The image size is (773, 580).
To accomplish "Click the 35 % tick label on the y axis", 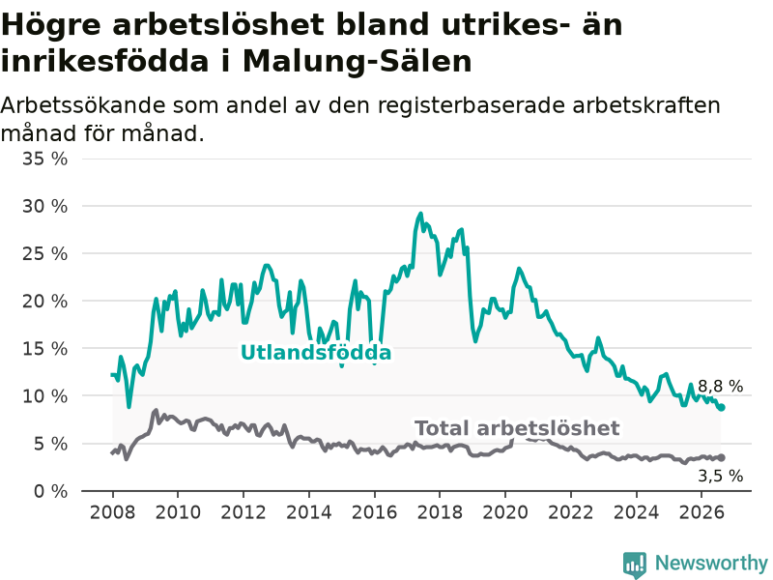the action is pyautogui.click(x=44, y=159).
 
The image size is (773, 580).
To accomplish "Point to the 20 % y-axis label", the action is pyautogui.click(x=44, y=301).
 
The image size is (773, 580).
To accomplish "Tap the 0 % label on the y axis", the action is pyautogui.click(x=50, y=491).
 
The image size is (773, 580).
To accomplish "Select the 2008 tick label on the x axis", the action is pyautogui.click(x=112, y=512).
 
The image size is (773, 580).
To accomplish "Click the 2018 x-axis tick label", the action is pyautogui.click(x=440, y=512).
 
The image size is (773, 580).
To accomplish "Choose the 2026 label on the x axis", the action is pyautogui.click(x=701, y=512).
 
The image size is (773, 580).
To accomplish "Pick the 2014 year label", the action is pyautogui.click(x=308, y=512).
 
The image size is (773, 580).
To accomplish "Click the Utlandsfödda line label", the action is pyautogui.click(x=316, y=353).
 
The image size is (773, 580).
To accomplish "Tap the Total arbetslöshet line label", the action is pyautogui.click(x=517, y=428).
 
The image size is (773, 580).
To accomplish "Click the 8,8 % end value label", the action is pyautogui.click(x=720, y=386).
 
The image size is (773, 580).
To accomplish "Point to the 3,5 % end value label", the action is pyautogui.click(x=720, y=476).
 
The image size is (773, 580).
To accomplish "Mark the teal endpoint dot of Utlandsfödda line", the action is pyautogui.click(x=721, y=407).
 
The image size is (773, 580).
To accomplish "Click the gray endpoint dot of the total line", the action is pyautogui.click(x=721, y=457).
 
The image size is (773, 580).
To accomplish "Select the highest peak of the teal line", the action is pyautogui.click(x=420, y=214).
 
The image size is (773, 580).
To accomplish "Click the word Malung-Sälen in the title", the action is pyautogui.click(x=358, y=62).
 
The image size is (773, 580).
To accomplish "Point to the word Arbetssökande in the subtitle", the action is pyautogui.click(x=83, y=105).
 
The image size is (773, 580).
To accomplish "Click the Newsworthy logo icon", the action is pyautogui.click(x=635, y=564).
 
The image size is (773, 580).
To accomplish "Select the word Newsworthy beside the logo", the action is pyautogui.click(x=711, y=563).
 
